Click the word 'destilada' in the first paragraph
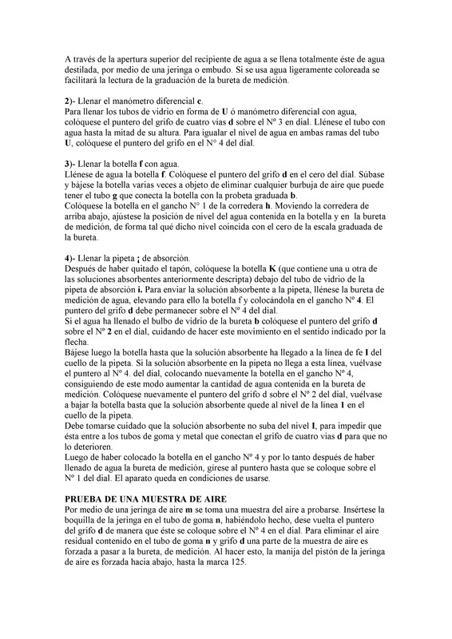[x=84, y=71]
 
